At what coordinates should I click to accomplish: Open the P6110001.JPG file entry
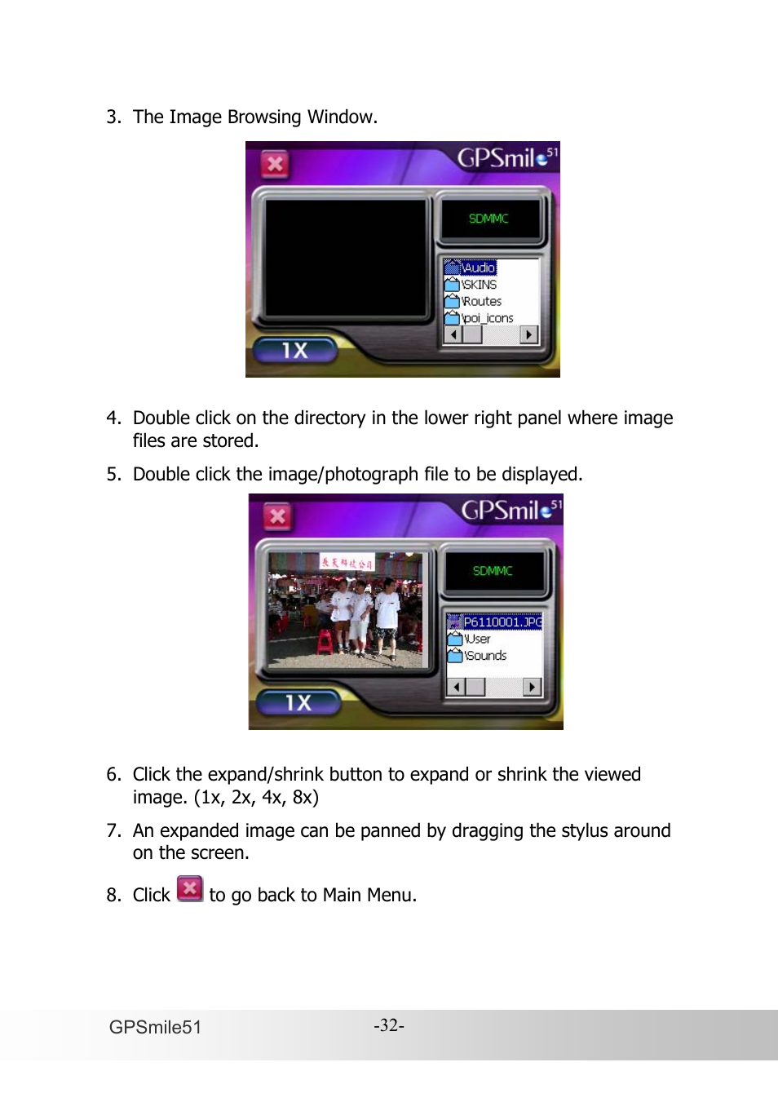pyautogui.click(x=496, y=622)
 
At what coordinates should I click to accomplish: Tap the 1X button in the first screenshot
pyautogui.click(x=294, y=351)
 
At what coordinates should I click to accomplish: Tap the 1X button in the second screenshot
pyautogui.click(x=298, y=702)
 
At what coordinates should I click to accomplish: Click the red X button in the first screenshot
pyautogui.click(x=276, y=164)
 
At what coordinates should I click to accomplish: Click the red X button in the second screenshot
pyautogui.click(x=278, y=516)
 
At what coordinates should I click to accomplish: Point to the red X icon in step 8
pyautogui.click(x=190, y=888)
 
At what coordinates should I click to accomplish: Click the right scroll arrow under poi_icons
pyautogui.click(x=529, y=334)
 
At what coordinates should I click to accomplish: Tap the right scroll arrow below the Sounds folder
pyautogui.click(x=533, y=687)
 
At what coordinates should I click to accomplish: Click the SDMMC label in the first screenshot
pyautogui.click(x=488, y=219)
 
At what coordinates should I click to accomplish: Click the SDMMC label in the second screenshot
pyautogui.click(x=493, y=571)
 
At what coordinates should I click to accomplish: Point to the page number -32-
pyautogui.click(x=389, y=1025)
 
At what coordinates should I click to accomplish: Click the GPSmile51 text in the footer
pyautogui.click(x=155, y=1027)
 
